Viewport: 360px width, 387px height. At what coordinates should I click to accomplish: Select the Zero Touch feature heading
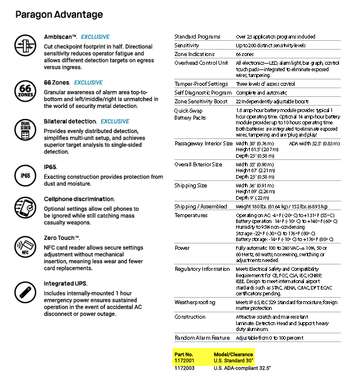pyautogui.click(x=62, y=238)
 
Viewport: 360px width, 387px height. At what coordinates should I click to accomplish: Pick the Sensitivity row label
pyautogui.click(x=187, y=45)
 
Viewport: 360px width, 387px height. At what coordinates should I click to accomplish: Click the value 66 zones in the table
pyautogui.click(x=245, y=54)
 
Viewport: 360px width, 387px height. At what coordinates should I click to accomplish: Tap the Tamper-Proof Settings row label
pyautogui.click(x=201, y=84)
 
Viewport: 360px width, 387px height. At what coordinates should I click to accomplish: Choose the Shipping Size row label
pyautogui.click(x=191, y=186)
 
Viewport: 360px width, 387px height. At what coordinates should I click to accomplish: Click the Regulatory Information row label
pyautogui.click(x=202, y=269)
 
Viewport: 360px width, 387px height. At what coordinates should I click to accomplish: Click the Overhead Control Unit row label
pyautogui.click(x=201, y=62)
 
